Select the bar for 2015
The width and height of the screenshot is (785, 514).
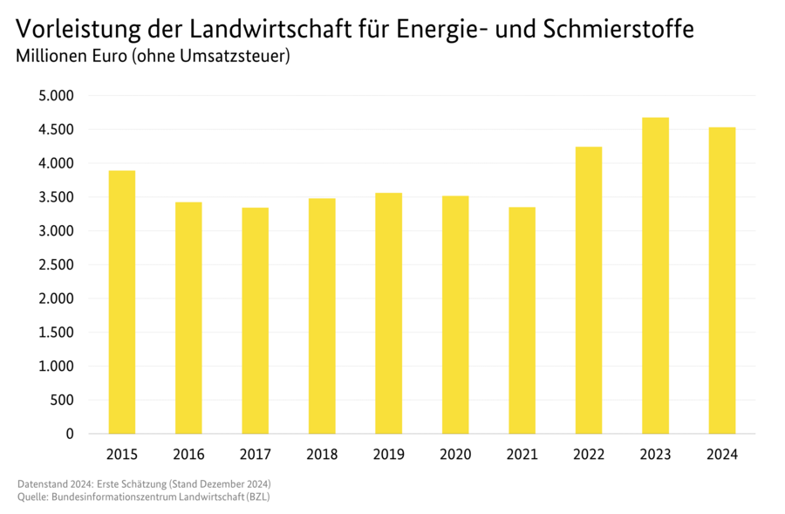tap(122, 302)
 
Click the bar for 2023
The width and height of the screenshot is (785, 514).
tap(655, 276)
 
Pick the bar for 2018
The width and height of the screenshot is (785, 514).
tap(322, 316)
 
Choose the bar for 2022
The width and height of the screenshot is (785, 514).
tap(589, 290)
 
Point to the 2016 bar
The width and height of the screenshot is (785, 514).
tap(188, 318)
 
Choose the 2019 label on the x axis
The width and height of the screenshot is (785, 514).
tap(388, 455)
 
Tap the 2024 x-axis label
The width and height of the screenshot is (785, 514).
tap(722, 455)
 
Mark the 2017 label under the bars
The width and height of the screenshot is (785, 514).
tap(256, 455)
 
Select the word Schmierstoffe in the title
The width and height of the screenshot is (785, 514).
tap(619, 29)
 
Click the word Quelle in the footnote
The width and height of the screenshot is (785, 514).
tap(32, 497)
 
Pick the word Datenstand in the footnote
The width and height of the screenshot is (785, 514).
tap(41, 483)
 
